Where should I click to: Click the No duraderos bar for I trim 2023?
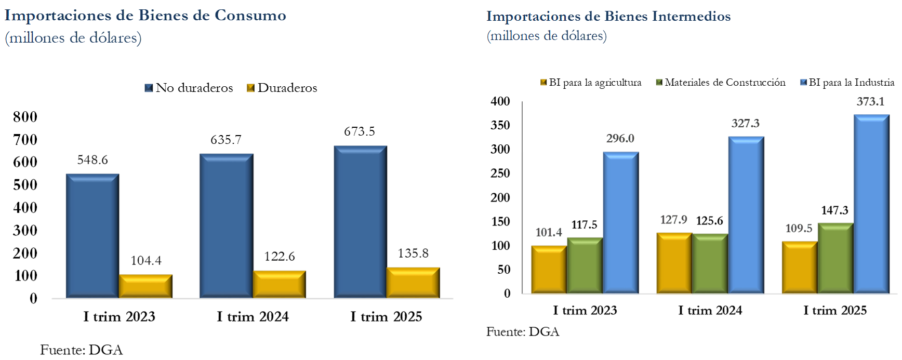(x=92, y=236)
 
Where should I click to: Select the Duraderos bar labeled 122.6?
(x=279, y=284)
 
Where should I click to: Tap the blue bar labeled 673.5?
(x=360, y=222)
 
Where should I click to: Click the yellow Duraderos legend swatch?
(x=250, y=88)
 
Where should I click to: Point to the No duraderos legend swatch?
(x=149, y=88)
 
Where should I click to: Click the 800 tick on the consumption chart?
(x=25, y=117)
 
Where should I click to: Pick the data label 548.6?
(x=92, y=160)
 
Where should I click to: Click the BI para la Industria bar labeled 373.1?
(x=871, y=204)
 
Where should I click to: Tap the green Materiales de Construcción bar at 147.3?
(x=835, y=258)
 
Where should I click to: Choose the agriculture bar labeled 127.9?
(x=674, y=263)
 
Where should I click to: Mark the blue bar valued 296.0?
(x=621, y=223)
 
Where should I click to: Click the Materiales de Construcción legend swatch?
(x=659, y=83)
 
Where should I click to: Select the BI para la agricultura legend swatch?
(x=543, y=83)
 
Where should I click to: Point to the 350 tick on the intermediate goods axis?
(x=500, y=125)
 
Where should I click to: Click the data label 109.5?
(x=799, y=229)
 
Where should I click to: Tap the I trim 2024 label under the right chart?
(x=710, y=311)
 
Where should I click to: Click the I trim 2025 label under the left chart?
(x=386, y=317)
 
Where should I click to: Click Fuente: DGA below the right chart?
(x=523, y=332)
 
